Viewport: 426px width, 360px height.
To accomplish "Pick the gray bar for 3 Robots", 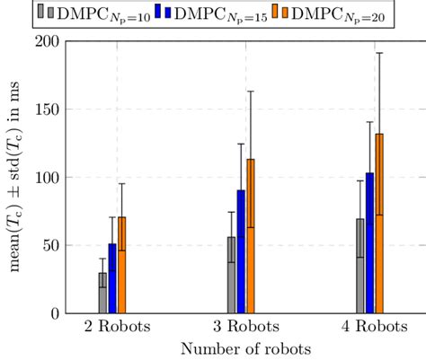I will point(231,275).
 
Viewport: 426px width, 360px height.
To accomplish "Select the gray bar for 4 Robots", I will point(360,266).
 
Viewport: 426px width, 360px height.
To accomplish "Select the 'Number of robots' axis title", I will point(240,347).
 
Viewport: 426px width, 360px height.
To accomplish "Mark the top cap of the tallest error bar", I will point(379,53).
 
